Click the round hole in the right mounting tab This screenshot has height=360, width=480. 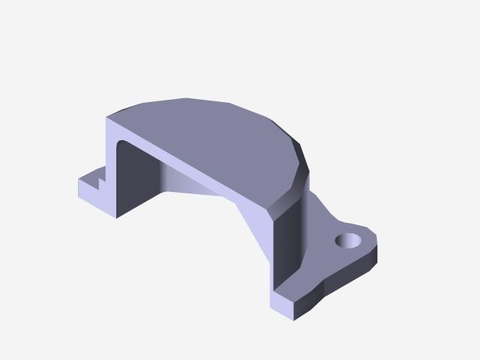(x=348, y=241)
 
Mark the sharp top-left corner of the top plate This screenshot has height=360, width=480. (x=108, y=118)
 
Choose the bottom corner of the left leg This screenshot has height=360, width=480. (x=117, y=218)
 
